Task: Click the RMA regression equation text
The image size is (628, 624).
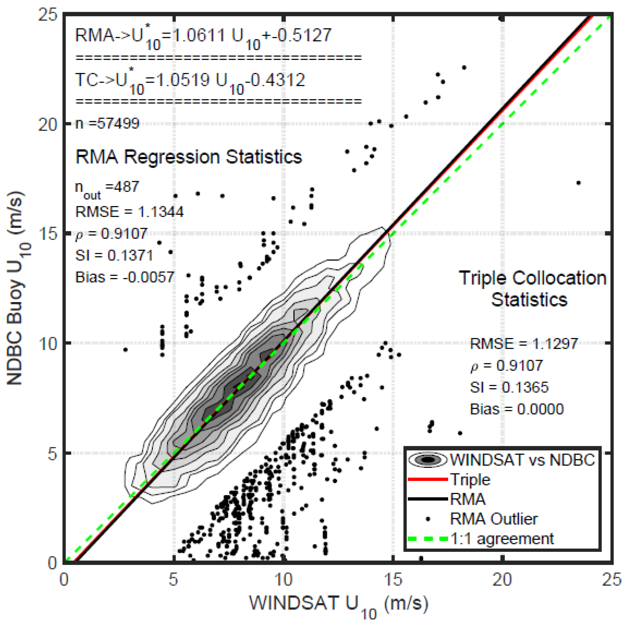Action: point(203,36)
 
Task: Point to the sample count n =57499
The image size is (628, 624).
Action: point(107,124)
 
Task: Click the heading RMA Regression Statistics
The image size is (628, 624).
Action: point(189,157)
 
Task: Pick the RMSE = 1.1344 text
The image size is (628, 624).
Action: point(129,212)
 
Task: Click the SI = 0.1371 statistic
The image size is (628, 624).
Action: point(114,255)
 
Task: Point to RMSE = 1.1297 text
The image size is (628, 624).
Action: point(524,343)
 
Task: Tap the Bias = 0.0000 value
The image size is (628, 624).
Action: point(517,409)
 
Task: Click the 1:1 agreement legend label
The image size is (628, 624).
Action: point(502,539)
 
